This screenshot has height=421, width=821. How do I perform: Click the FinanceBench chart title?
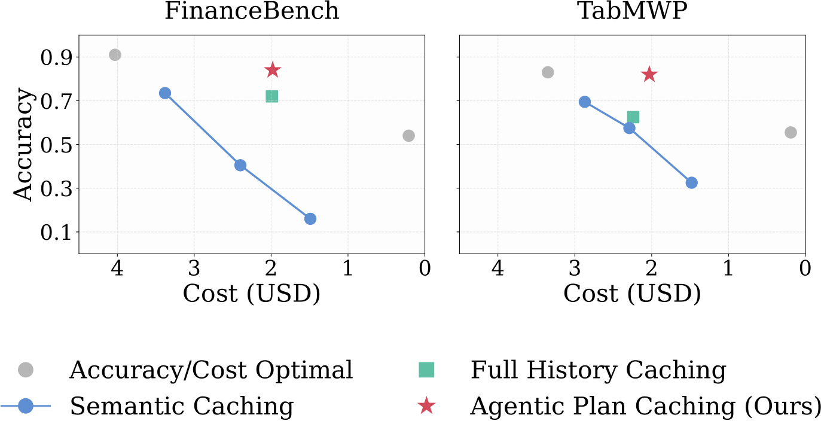coord(252,11)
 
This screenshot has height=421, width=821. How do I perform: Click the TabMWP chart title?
coord(632,11)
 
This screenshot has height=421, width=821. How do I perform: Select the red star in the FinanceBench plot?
coord(272,70)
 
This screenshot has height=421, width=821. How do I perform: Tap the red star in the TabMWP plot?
coord(649,75)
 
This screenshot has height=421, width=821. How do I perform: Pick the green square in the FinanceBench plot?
coord(271,96)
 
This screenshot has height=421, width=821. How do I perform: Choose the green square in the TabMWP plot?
coord(633,117)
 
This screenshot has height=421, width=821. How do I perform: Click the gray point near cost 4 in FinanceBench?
coord(115,55)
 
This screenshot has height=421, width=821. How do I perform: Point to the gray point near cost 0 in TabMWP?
coord(791,132)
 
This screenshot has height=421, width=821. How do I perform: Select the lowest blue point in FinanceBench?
coord(310,219)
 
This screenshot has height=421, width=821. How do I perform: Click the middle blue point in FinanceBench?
coord(240,165)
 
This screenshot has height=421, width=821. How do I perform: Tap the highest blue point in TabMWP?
coord(585,102)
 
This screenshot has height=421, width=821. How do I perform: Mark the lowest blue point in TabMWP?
coord(691,182)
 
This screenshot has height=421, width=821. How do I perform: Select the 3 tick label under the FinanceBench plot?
coord(194,269)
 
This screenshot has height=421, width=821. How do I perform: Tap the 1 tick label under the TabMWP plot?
coord(728,269)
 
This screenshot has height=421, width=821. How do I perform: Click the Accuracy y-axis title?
coord(23,144)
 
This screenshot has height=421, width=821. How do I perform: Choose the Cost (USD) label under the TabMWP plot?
coord(632,294)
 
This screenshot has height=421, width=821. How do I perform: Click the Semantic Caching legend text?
coord(182,406)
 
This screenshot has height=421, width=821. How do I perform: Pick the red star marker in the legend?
coord(426,405)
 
